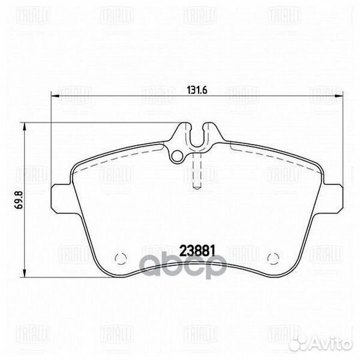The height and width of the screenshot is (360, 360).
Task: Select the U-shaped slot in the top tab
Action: [194, 137]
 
